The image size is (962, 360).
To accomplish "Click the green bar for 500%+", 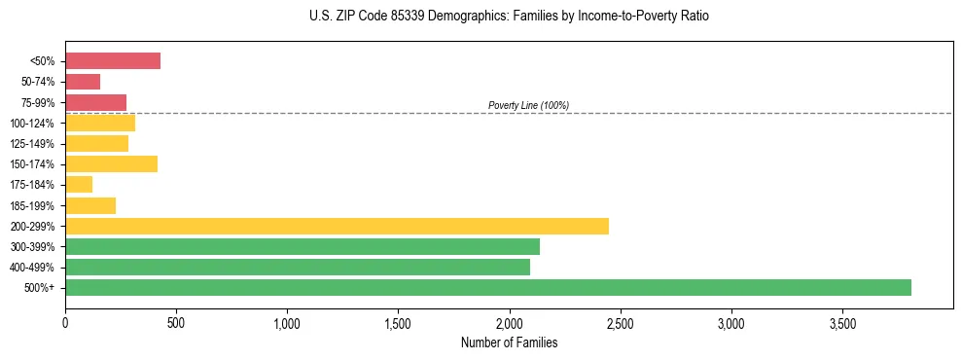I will (487, 287).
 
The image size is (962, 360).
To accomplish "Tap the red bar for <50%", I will (113, 60).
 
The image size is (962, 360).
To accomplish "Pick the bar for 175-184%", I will (79, 184).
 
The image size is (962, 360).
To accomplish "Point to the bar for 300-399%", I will (303, 246).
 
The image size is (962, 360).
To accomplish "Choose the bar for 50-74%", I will (83, 81).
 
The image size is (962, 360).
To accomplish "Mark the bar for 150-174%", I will (111, 163).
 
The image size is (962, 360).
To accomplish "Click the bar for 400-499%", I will (298, 267).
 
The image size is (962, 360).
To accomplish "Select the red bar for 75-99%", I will (95, 102).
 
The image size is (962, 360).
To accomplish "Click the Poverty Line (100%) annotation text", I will (528, 105).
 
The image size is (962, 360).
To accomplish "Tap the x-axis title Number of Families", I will (509, 342).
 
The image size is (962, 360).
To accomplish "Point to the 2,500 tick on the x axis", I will (620, 323).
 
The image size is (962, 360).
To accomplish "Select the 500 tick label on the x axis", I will (176, 323).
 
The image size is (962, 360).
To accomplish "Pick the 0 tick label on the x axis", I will (65, 323).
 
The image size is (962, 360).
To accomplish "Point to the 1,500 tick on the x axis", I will (398, 323).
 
